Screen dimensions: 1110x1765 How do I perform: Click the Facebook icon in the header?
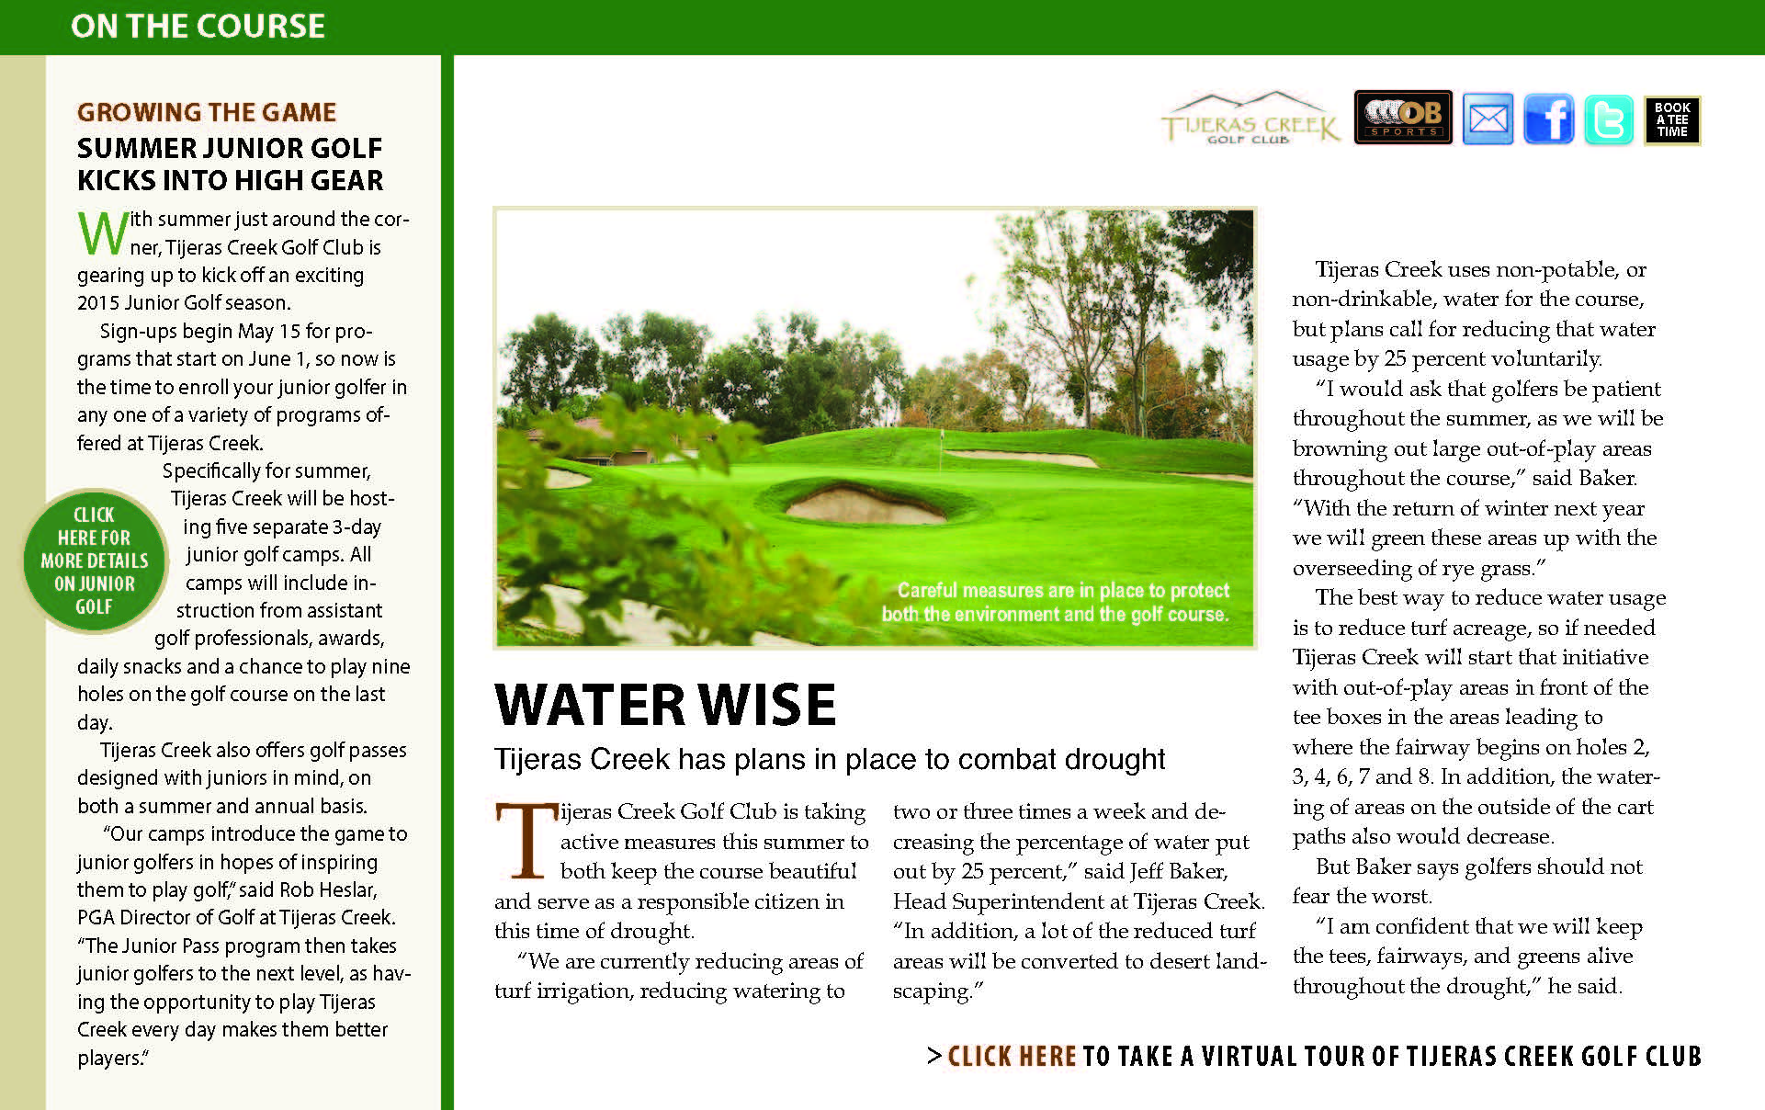(x=1548, y=119)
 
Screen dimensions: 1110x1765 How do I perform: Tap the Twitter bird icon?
(x=1608, y=119)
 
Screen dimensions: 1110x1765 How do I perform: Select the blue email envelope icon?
(x=1488, y=119)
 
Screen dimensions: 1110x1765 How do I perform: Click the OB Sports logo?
(x=1403, y=118)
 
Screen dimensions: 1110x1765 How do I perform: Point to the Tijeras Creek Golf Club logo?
(x=1250, y=119)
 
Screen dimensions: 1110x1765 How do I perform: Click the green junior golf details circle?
(x=94, y=561)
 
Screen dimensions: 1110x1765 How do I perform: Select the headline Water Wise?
(x=665, y=705)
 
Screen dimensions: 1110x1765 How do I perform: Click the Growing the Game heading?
(x=207, y=112)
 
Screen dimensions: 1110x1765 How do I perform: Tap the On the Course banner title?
(x=198, y=27)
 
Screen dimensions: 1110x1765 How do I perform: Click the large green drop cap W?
(x=102, y=233)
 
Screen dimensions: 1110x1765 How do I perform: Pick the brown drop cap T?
(x=526, y=840)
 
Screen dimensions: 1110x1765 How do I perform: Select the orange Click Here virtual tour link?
(x=1012, y=1057)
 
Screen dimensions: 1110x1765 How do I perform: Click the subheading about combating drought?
(x=830, y=759)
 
